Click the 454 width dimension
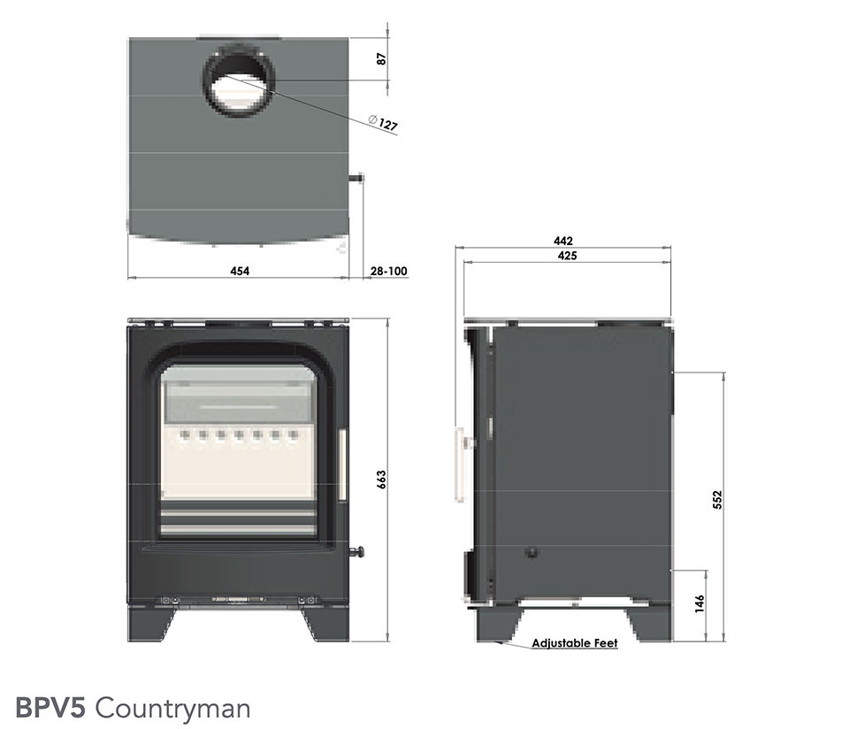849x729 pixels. tap(240, 271)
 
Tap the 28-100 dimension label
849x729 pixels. tap(388, 271)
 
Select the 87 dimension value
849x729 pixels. tap(382, 58)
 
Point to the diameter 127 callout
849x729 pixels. tap(383, 124)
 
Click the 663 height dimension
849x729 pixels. tap(381, 480)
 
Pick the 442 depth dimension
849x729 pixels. tap(563, 241)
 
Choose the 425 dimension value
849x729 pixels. tap(567, 256)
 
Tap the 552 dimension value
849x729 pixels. tap(717, 499)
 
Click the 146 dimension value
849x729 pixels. tap(700, 603)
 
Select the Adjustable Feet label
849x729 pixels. tap(575, 643)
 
